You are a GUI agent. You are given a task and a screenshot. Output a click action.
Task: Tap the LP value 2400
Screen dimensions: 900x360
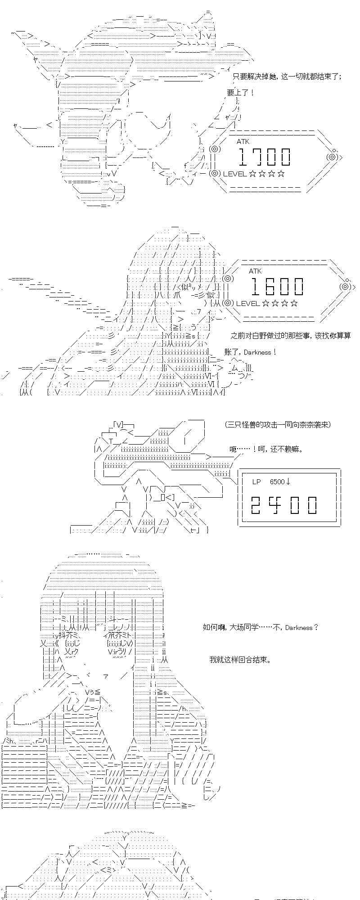pos(284,505)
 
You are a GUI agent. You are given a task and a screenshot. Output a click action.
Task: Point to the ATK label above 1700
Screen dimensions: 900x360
pos(243,141)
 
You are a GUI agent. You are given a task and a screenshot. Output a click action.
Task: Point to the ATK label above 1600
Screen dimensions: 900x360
pos(255,271)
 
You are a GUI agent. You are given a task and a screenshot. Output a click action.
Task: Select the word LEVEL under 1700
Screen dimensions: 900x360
pos(234,174)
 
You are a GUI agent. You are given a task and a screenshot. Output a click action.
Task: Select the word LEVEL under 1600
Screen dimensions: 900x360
pos(247,303)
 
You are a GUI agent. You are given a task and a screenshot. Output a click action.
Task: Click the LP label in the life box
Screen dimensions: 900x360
pos(256,481)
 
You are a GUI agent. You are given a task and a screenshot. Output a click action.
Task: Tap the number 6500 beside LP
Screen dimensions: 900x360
pos(277,481)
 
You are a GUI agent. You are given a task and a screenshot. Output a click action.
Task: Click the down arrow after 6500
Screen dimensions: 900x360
pos(288,481)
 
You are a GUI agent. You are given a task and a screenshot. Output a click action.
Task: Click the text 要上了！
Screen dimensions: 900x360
pos(241,93)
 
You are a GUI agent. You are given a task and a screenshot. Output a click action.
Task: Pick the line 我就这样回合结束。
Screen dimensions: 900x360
pos(240,660)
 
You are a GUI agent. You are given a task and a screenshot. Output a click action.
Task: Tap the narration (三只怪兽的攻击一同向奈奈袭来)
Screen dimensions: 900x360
pos(278,424)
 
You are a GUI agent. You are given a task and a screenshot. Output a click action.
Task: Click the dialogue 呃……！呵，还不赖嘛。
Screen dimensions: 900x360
pos(265,449)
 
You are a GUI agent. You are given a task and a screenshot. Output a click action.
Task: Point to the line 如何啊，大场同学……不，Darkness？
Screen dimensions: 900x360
pos(261,627)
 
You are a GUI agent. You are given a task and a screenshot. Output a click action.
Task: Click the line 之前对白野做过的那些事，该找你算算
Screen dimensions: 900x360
pos(290,335)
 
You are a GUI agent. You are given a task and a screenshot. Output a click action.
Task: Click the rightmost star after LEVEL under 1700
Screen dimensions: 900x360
pos(281,174)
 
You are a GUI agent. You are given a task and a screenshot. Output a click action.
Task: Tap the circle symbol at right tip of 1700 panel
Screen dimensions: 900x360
pos(332,157)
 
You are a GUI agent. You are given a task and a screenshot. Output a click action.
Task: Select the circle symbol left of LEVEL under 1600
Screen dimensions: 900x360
pos(228,303)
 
